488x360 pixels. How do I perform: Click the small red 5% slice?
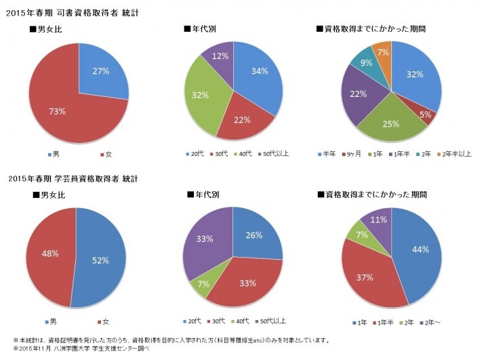point(426,115)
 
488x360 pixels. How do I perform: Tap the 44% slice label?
point(420,250)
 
